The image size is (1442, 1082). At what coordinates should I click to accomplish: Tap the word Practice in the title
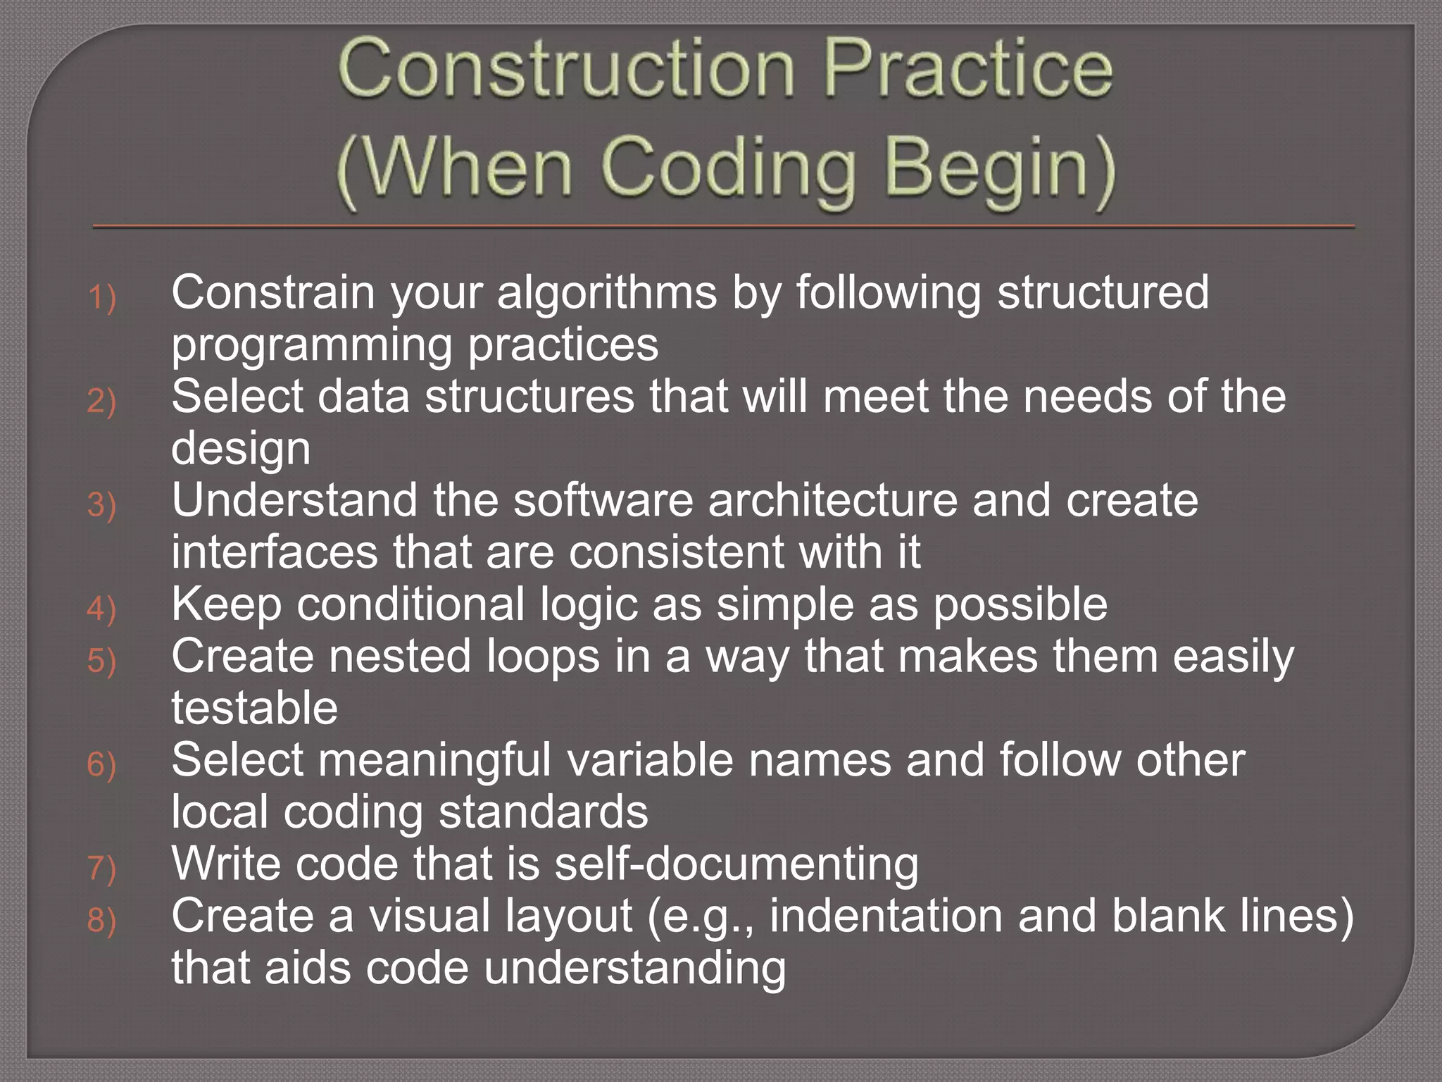pos(968,69)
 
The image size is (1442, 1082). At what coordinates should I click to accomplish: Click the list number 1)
pos(101,297)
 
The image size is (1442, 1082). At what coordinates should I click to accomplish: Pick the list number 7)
pos(101,868)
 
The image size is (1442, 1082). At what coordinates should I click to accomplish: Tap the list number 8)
pos(101,920)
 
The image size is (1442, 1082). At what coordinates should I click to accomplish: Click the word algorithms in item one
pos(607,292)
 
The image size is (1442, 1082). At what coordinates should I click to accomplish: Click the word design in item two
pos(241,449)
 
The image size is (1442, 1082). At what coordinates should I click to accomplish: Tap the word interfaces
pos(275,552)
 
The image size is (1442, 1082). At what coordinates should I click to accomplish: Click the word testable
pos(254,707)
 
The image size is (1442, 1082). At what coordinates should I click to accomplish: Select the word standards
pos(543,811)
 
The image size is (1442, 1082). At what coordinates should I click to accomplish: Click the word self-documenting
pos(736,864)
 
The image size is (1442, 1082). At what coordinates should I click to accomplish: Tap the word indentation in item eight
pos(886,916)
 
